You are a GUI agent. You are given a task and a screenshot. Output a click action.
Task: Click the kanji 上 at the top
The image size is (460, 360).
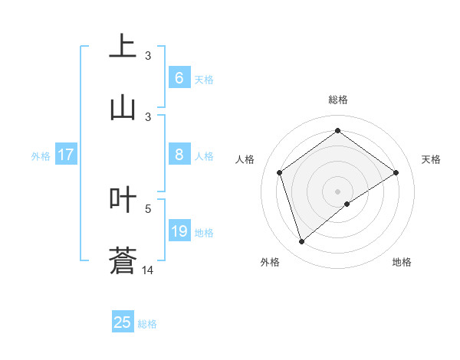pyautogui.click(x=123, y=46)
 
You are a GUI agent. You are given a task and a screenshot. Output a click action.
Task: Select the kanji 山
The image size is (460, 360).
pyautogui.click(x=123, y=107)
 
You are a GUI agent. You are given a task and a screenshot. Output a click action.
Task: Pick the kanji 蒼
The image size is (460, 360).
pyautogui.click(x=123, y=260)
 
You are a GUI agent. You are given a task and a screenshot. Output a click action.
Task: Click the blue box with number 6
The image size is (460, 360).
pyautogui.click(x=179, y=78)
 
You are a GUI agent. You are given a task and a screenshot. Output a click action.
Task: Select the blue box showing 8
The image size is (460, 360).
pyautogui.click(x=179, y=155)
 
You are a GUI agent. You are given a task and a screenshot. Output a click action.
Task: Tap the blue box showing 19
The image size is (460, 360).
pyautogui.click(x=179, y=231)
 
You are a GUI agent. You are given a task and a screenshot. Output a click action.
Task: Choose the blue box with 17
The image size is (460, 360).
pyautogui.click(x=66, y=155)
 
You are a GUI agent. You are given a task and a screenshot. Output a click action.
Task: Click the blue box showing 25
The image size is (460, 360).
pyautogui.click(x=123, y=322)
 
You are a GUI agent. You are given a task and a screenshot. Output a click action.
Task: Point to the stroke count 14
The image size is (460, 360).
pyautogui.click(x=148, y=270)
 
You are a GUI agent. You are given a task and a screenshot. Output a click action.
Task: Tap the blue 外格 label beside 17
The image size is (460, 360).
pyautogui.click(x=41, y=155)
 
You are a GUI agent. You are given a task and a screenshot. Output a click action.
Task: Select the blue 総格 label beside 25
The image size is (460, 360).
pyautogui.click(x=147, y=323)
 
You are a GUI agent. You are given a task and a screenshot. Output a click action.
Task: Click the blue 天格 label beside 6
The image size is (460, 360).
pyautogui.click(x=204, y=79)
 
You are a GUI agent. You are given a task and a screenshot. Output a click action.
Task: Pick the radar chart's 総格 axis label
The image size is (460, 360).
pyautogui.click(x=337, y=100)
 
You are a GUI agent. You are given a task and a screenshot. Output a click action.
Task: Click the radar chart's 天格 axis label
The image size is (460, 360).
pyautogui.click(x=431, y=159)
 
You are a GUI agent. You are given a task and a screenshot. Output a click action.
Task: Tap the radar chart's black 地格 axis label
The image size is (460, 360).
pyautogui.click(x=402, y=262)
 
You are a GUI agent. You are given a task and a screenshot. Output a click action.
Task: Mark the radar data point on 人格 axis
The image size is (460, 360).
pyautogui.click(x=280, y=172)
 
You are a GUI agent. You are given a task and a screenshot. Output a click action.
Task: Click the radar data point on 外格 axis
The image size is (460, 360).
pyautogui.click(x=301, y=242)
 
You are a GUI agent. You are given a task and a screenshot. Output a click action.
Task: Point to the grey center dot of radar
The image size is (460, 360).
pyautogui.click(x=337, y=191)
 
